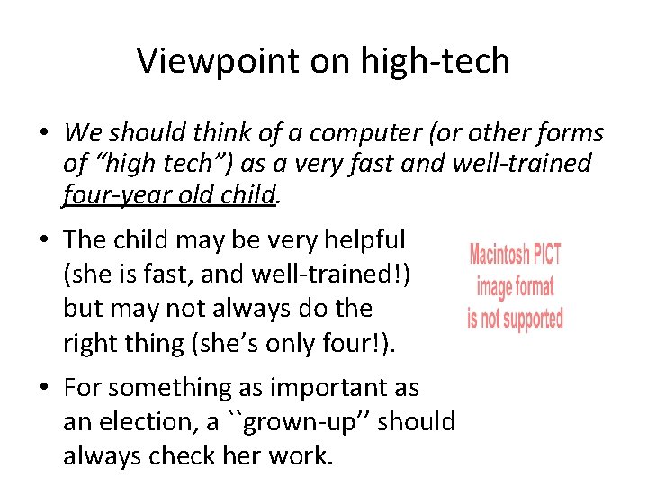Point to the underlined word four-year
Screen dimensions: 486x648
[115, 194]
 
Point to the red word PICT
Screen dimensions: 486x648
[548, 254]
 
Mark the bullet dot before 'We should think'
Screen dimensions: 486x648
[42, 134]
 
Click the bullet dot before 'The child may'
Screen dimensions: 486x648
[42, 240]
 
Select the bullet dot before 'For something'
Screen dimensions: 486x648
[42, 389]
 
